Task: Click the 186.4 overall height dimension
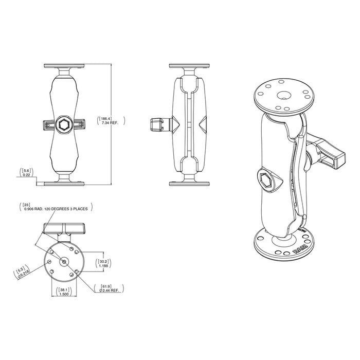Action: pyautogui.click(x=105, y=118)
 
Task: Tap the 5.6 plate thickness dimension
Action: pyautogui.click(x=26, y=170)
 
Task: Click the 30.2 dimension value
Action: pyautogui.click(x=104, y=261)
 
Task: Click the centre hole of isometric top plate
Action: pyautogui.click(x=284, y=95)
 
